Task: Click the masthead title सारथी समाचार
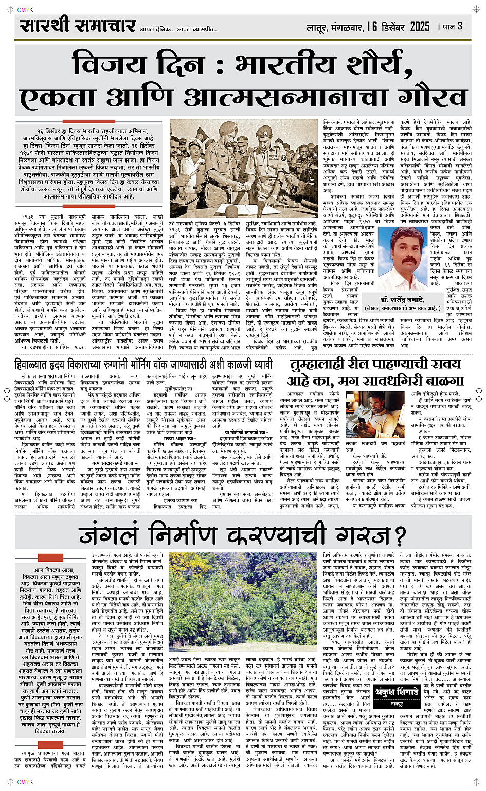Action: pyautogui.click(x=77, y=25)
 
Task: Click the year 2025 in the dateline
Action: pyautogui.click(x=419, y=26)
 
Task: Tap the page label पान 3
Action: pyautogui.click(x=452, y=26)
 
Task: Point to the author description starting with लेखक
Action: pyautogui.click(x=403, y=308)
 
